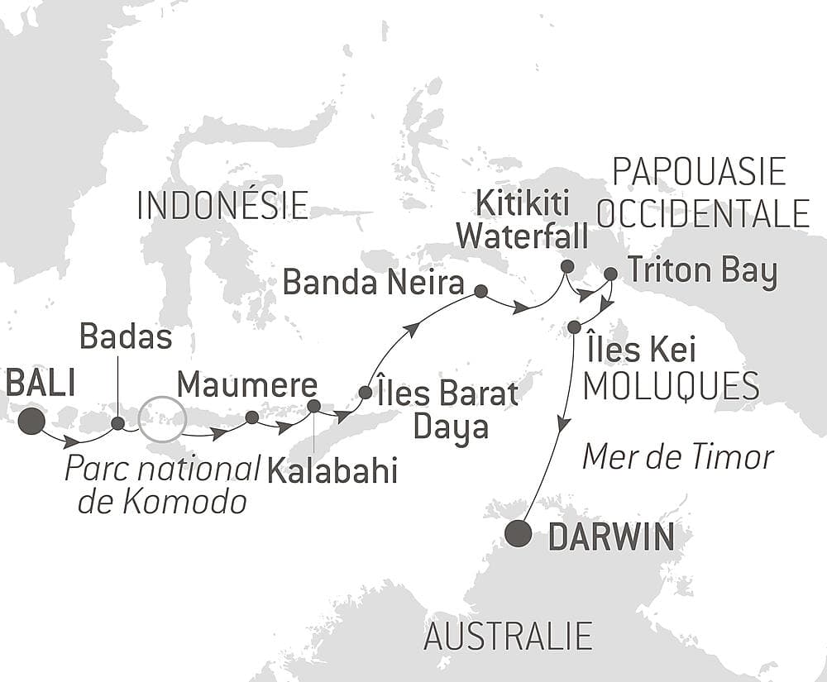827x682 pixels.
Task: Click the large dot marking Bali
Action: (x=31, y=421)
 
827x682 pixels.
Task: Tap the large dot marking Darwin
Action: (x=519, y=533)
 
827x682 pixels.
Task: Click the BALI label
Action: (x=40, y=383)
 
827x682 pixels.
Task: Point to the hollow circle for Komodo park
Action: (x=160, y=419)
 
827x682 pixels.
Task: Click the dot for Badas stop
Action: (x=117, y=423)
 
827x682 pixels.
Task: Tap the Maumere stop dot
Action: (x=251, y=417)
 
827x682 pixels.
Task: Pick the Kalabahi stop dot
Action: (x=313, y=406)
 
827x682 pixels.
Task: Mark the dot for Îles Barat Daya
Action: (x=365, y=392)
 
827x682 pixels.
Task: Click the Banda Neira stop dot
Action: (x=480, y=291)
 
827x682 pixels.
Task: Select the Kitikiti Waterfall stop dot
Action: (x=566, y=266)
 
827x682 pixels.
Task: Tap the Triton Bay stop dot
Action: (x=610, y=274)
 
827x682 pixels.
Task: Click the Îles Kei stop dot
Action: (x=574, y=327)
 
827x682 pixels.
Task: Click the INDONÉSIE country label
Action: (x=222, y=206)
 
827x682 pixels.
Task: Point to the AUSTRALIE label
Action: (x=508, y=637)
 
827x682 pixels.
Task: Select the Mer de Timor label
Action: (x=678, y=456)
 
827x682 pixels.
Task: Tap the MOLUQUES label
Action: (x=672, y=386)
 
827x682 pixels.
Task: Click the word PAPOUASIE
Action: (x=698, y=173)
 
